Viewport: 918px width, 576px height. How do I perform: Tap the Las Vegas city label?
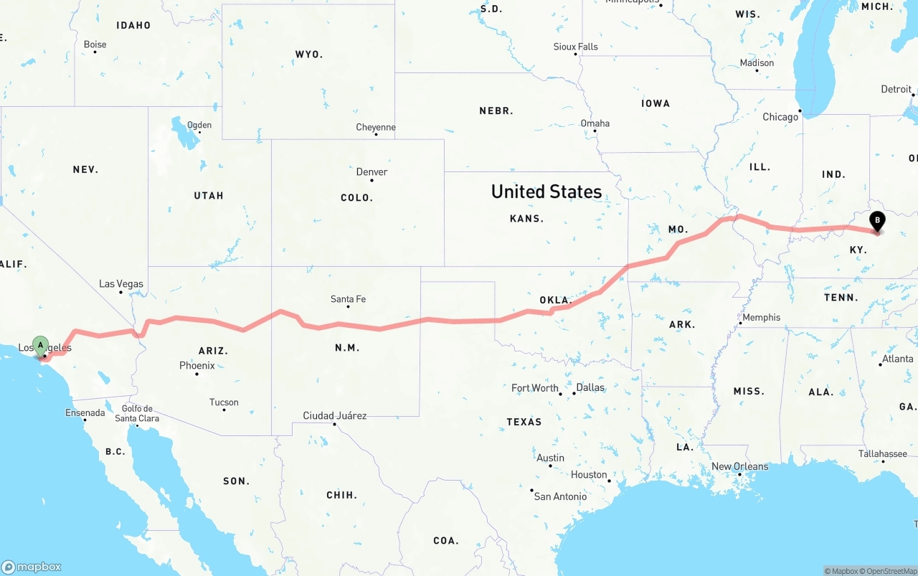(121, 284)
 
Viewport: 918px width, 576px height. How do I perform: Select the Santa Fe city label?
(348, 299)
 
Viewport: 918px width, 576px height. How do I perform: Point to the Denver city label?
(372, 172)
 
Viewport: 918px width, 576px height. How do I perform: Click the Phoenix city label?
(197, 366)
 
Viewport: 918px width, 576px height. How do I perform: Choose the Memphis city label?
(762, 317)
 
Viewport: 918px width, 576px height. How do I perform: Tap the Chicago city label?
(780, 117)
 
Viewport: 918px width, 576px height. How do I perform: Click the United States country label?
(546, 192)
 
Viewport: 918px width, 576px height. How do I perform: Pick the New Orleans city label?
(739, 466)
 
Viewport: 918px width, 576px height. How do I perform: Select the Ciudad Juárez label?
(335, 415)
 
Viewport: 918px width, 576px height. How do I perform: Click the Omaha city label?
(595, 123)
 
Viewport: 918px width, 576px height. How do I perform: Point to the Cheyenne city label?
(376, 128)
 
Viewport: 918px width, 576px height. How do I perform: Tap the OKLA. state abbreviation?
(554, 300)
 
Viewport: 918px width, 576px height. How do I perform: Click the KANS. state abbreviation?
(526, 218)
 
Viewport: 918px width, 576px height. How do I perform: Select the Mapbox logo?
(32, 567)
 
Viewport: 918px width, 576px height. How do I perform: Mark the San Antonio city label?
(561, 496)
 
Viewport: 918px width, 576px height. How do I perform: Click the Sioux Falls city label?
(575, 47)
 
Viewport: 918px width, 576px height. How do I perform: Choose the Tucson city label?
(224, 402)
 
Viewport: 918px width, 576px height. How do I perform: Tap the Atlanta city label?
(897, 359)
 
